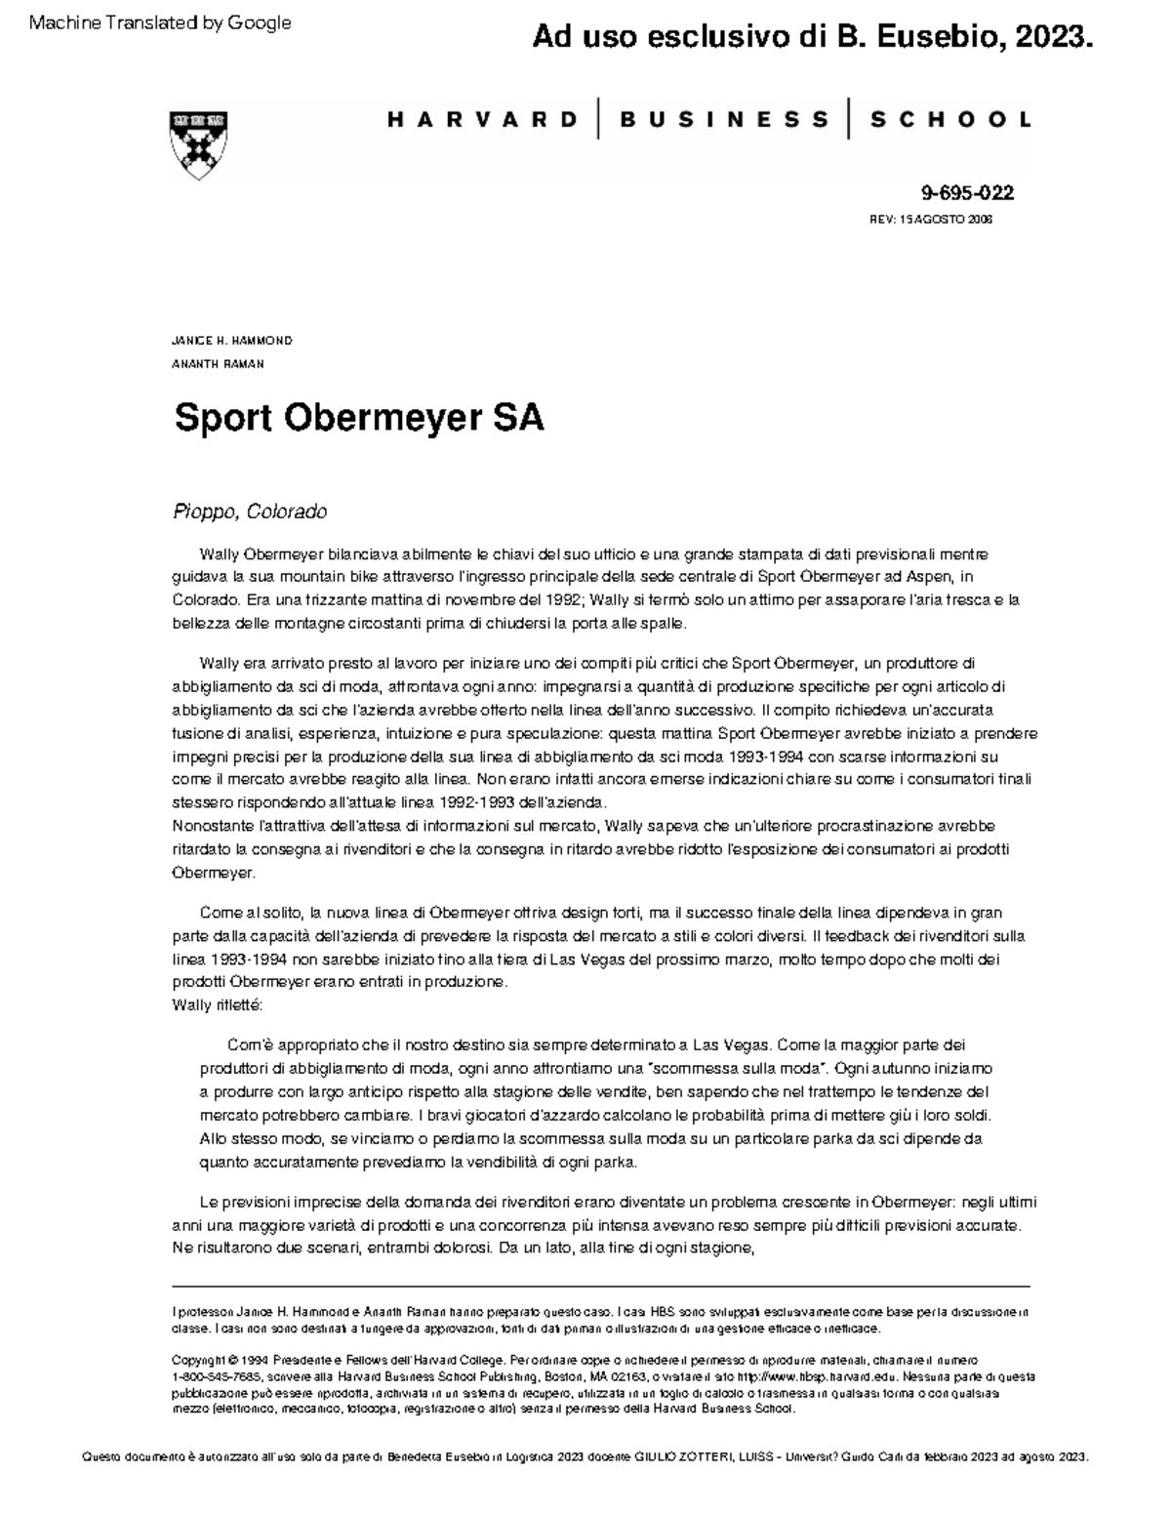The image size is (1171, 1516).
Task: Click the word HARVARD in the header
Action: (x=483, y=120)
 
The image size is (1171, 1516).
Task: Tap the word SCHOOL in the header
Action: (x=949, y=120)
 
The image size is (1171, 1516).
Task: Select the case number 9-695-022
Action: (x=960, y=193)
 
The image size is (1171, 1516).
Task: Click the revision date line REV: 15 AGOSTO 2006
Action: (x=930, y=220)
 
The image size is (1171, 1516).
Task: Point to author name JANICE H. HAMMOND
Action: (x=231, y=341)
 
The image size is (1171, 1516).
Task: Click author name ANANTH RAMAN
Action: (x=218, y=364)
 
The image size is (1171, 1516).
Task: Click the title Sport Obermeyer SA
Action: (x=358, y=419)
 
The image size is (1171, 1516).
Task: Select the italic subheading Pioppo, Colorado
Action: (x=250, y=512)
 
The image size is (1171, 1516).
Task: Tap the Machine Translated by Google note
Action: (x=160, y=22)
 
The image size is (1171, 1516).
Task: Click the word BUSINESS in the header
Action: (x=723, y=120)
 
